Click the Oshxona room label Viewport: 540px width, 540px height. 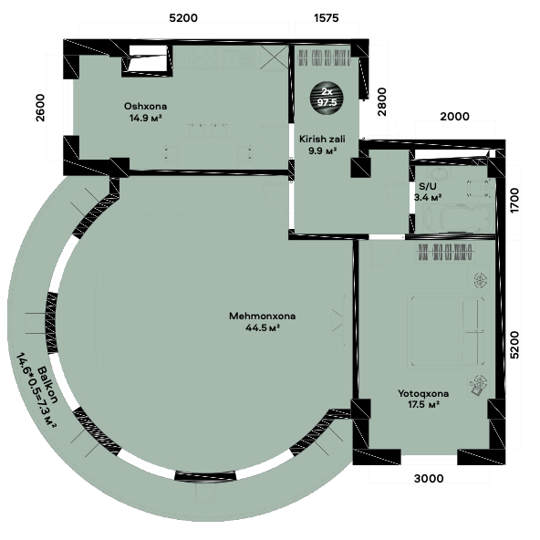point(145,106)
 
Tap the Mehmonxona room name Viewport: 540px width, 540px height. point(262,317)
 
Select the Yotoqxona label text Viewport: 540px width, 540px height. point(423,393)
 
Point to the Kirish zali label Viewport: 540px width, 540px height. point(322,140)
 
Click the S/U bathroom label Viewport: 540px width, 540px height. point(428,186)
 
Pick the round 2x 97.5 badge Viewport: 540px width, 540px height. point(327,97)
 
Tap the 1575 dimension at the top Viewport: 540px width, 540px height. point(327,17)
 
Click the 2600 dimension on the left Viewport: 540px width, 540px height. point(40,108)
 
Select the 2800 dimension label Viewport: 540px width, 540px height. point(382,102)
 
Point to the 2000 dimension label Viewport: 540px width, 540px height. point(454,117)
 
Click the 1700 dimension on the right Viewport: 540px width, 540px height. point(514,201)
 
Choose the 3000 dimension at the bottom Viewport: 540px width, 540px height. point(429,478)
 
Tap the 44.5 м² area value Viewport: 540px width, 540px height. point(262,327)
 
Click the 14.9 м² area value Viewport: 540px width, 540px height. point(145,118)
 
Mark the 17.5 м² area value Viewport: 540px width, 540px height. point(423,404)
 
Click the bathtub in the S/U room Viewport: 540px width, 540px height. point(457,218)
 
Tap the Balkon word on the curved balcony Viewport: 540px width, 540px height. point(47,385)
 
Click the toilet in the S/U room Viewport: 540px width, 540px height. point(478,189)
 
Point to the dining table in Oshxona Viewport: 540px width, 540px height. point(208,152)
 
